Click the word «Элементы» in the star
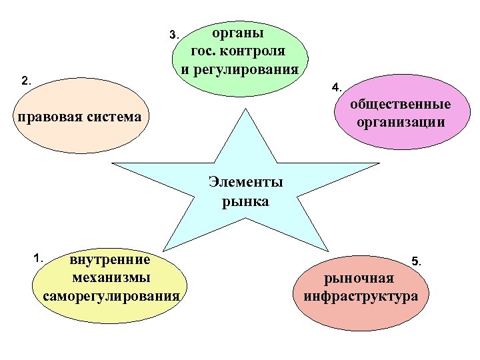point(245,182)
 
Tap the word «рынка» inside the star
point(245,201)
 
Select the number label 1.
point(39,257)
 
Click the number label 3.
point(173,35)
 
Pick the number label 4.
point(337,87)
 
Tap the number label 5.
point(416,262)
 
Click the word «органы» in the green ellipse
point(238,33)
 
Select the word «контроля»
point(257,51)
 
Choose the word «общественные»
point(401,105)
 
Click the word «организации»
point(401,122)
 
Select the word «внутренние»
point(110,259)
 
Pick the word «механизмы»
point(110,277)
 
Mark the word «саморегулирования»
point(111,295)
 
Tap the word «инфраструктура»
point(361,296)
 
